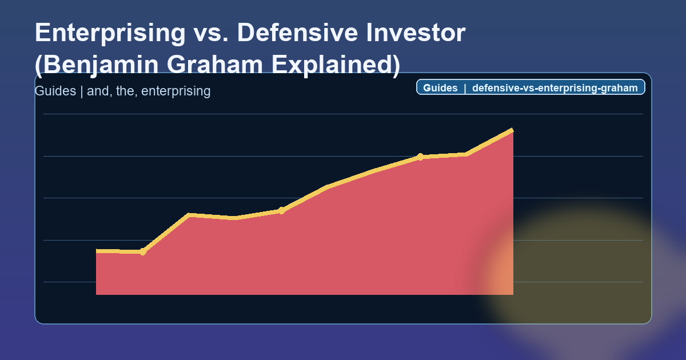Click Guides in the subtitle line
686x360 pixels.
point(55,91)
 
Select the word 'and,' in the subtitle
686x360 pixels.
point(98,91)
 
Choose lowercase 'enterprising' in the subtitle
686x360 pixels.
point(176,91)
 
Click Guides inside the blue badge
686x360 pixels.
point(440,88)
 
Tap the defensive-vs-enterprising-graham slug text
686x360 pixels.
point(555,88)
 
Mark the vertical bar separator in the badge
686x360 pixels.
point(465,88)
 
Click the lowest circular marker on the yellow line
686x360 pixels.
point(143,252)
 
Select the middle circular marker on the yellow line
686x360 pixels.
point(281,211)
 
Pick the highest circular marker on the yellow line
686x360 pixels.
point(420,157)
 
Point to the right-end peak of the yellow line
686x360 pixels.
point(512,130)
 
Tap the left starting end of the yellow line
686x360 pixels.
point(97,251)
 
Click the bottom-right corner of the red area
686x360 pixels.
point(512,294)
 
